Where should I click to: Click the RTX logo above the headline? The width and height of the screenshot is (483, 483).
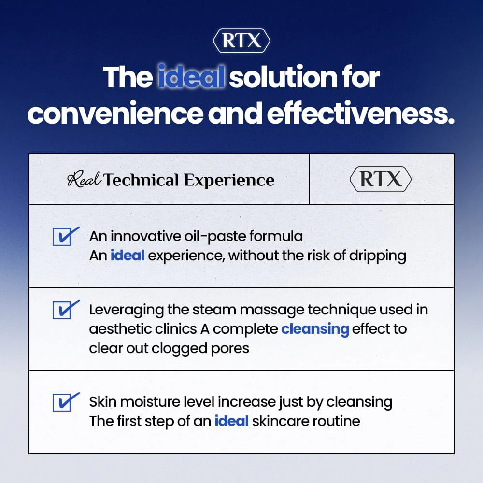point(241,42)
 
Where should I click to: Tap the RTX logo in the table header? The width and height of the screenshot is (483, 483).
point(380,180)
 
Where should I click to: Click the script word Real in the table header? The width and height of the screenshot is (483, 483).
point(84,180)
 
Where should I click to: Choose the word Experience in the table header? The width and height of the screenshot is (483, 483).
point(229,180)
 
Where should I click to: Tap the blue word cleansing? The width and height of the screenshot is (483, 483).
point(315,329)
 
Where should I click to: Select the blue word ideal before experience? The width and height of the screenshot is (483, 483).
point(128,255)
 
